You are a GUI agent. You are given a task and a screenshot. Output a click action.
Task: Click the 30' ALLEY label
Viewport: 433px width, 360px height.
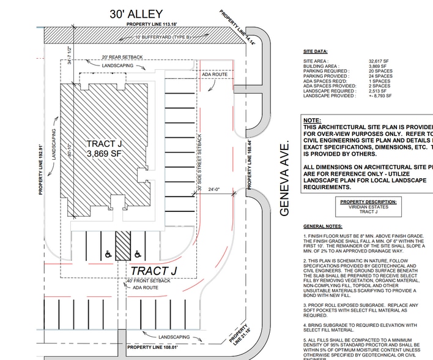pyautogui.click(x=136, y=13)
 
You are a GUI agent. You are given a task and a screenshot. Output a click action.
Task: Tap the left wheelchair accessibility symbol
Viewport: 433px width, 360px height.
pyautogui.click(x=108, y=253)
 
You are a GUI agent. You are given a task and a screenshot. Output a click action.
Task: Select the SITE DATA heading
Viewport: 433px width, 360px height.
pyautogui.click(x=316, y=52)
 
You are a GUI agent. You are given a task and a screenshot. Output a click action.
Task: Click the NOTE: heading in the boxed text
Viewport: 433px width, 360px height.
pyautogui.click(x=312, y=121)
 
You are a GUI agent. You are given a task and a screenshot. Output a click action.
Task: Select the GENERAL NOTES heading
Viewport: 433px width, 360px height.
pyautogui.click(x=324, y=227)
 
